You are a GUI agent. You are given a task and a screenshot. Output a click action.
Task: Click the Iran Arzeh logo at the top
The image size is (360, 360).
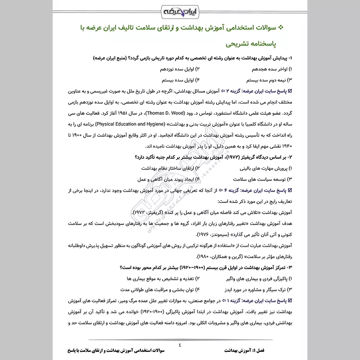coord(180,10)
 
